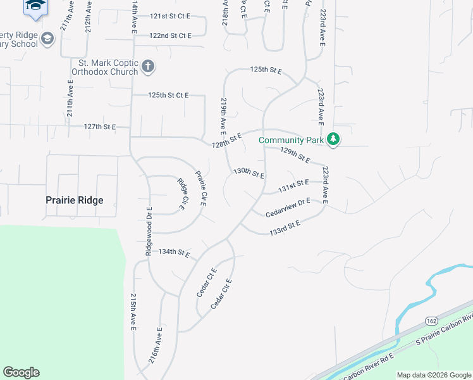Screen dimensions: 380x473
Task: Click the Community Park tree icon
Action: point(333,139)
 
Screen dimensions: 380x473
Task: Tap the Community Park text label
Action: point(290,140)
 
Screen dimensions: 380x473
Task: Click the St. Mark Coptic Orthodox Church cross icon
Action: point(147,66)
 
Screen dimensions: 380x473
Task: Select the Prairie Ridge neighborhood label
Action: point(75,200)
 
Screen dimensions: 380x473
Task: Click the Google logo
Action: point(21,372)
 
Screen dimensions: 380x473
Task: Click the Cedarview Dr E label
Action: point(288,208)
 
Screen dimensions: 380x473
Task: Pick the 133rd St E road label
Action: point(285,227)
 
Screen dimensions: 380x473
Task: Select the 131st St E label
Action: point(294,186)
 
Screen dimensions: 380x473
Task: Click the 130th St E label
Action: point(249,172)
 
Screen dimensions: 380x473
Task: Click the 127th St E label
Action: point(100,127)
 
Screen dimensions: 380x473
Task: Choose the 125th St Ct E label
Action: point(168,95)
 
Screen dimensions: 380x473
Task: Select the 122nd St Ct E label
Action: point(170,36)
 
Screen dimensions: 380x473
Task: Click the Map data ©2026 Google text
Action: point(434,375)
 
